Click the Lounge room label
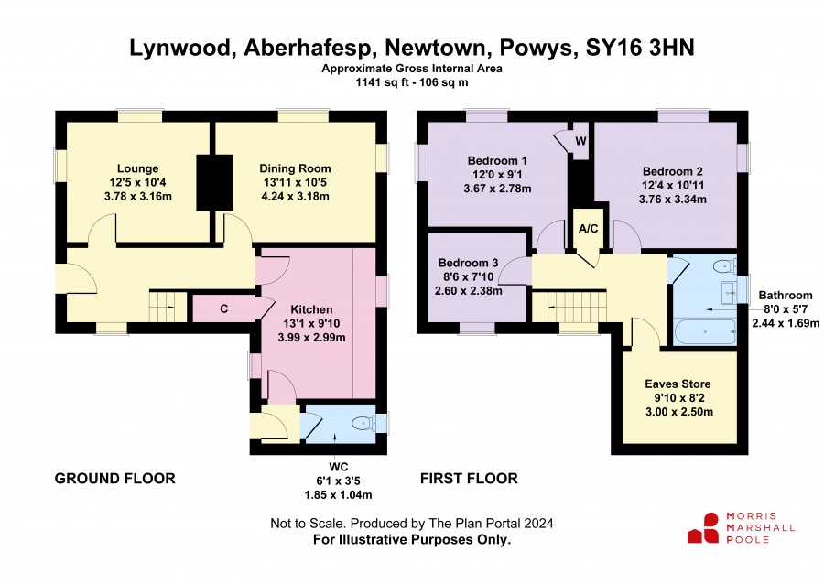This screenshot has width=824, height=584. [x=137, y=168]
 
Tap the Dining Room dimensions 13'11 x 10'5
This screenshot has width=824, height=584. [x=296, y=183]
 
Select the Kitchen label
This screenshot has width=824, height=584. [x=311, y=310]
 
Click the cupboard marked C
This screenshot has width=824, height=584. [x=224, y=308]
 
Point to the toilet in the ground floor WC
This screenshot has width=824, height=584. [x=363, y=423]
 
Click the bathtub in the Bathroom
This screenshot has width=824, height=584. [x=704, y=331]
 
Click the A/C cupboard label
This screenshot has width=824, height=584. [x=588, y=229]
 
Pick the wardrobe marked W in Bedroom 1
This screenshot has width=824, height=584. [x=580, y=141]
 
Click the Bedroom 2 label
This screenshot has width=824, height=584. [x=673, y=171]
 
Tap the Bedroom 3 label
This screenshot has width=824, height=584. [x=468, y=263]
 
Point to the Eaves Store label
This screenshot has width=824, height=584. [x=678, y=384]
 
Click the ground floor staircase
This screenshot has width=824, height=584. [x=168, y=306]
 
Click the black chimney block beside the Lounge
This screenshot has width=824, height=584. [x=215, y=183]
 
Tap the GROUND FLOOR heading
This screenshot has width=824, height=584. [x=115, y=479]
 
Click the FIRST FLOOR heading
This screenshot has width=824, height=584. [x=470, y=479]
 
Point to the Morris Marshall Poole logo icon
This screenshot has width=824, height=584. [x=703, y=528]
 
